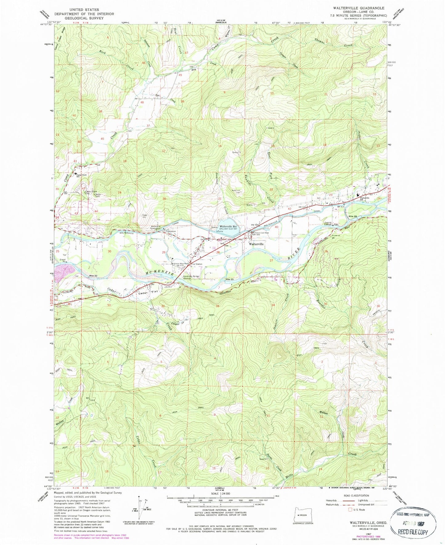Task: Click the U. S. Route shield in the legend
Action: (350, 510)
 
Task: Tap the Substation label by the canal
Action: (171, 231)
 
